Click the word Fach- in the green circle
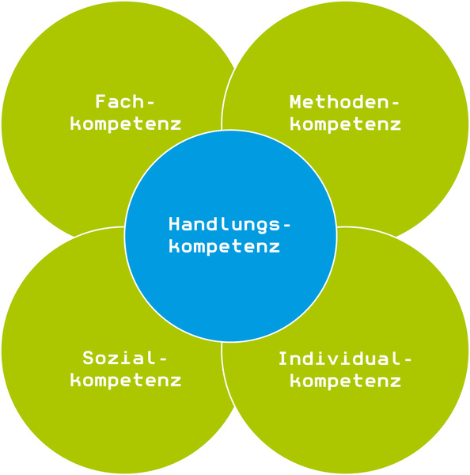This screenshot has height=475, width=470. pos(125,101)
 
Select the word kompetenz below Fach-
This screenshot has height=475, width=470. pos(126,125)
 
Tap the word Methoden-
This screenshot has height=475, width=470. pos(345,101)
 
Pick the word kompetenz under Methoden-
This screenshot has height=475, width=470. pos(346,125)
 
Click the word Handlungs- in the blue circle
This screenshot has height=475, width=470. pos(229,225)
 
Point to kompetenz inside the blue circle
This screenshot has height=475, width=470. pos(225,246)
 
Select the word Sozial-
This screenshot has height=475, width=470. pos(125,358)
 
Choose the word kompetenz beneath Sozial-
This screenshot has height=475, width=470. pos(126,381)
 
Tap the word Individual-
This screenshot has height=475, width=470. pos(345,359)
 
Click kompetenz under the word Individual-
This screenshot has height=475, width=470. pos(346,382)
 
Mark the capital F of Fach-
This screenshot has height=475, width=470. pos(100,101)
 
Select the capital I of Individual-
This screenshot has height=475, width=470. pos(284,359)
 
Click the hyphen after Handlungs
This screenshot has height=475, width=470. pos(286,225)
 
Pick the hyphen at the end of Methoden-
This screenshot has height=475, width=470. pos(395,103)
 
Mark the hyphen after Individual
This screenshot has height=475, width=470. pos(407,359)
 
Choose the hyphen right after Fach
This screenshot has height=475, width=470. pos(150,103)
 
